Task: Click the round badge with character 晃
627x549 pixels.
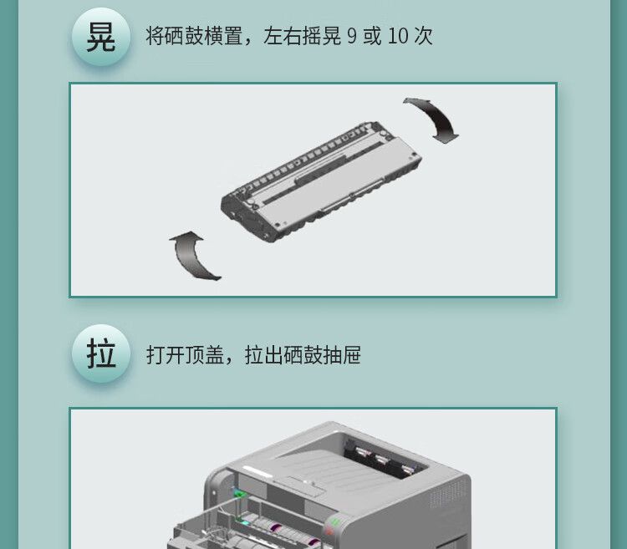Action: [101, 37]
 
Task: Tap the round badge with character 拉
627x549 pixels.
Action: [101, 353]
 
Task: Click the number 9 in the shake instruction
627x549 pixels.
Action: [352, 37]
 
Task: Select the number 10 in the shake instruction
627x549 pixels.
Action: [398, 37]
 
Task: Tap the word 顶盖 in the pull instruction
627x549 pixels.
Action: [204, 355]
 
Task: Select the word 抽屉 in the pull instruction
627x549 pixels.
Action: [341, 355]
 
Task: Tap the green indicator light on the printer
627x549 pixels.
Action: [335, 521]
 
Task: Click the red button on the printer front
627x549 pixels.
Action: [329, 531]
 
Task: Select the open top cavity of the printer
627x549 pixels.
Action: [384, 455]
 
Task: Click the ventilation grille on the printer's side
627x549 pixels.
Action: [447, 495]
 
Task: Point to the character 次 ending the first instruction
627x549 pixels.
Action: [424, 36]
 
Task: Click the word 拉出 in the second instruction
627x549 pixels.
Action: [264, 355]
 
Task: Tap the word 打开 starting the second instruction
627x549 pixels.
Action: [166, 355]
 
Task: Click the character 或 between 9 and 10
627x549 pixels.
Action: [372, 36]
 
